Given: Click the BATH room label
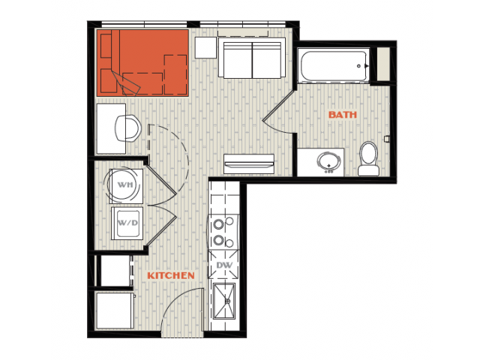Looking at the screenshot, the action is [x=343, y=115].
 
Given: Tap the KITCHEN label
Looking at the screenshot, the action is [x=171, y=275].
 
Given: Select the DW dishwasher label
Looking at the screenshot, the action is [x=224, y=265].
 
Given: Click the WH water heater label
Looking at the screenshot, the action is [x=125, y=185].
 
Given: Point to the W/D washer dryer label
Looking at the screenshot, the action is [x=127, y=223].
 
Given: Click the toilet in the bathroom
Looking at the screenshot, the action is [x=369, y=159].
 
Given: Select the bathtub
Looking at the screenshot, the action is [x=334, y=65].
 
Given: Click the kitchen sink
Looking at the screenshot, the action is [x=224, y=301].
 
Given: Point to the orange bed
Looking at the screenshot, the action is [x=142, y=63].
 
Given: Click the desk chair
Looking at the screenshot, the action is [x=128, y=128].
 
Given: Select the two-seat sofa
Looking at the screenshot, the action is [x=252, y=58].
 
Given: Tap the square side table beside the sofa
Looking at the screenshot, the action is [x=205, y=47].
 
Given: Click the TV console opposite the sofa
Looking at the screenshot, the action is [x=249, y=163].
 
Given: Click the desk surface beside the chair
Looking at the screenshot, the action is [x=111, y=128].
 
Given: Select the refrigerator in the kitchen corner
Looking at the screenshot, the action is [x=115, y=310].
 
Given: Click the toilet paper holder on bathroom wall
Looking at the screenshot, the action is [x=387, y=139].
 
